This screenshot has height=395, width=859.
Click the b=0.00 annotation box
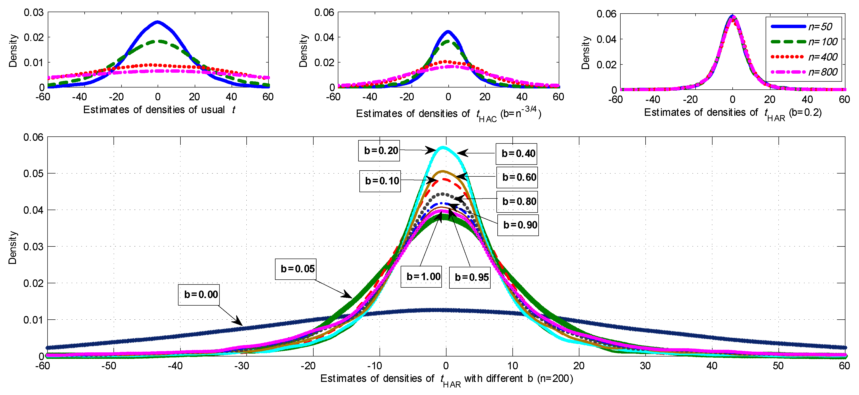199,295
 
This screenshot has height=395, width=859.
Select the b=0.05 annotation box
295,269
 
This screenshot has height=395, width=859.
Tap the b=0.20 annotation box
379,151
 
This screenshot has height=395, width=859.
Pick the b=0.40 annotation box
516,154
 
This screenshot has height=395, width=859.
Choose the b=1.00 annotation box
421,277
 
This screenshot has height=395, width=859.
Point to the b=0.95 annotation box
470,277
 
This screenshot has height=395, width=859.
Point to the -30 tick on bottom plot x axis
242,366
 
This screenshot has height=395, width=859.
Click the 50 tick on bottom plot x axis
778,366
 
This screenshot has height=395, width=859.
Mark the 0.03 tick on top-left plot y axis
33,13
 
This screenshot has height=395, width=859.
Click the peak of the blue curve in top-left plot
158,22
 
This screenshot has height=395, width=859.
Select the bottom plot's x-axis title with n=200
446,379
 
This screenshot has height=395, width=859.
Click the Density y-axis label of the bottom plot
12,247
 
